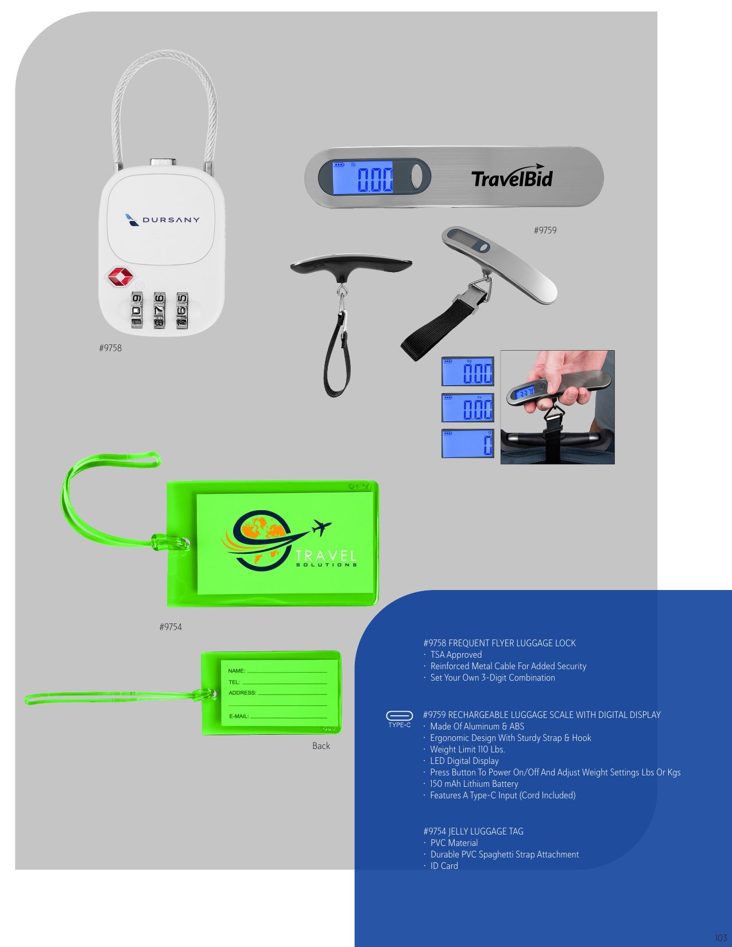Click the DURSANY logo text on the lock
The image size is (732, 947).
click(171, 220)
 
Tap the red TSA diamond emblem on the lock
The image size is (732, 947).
click(120, 277)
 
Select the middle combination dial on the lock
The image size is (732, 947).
click(159, 311)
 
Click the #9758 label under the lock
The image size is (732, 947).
click(110, 348)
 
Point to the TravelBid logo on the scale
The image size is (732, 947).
click(512, 177)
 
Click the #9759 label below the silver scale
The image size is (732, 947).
click(545, 230)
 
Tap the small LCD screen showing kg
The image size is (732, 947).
click(467, 371)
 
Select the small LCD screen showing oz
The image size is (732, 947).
click(467, 408)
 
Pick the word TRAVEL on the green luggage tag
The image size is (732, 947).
click(326, 556)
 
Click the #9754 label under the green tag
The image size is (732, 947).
click(171, 627)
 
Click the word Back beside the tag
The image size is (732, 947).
click(321, 746)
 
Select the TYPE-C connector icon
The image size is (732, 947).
click(400, 716)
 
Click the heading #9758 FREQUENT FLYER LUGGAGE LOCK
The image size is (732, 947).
click(499, 643)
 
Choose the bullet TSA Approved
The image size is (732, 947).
click(456, 654)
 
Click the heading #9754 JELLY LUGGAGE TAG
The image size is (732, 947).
click(474, 831)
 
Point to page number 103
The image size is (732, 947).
click(721, 937)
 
